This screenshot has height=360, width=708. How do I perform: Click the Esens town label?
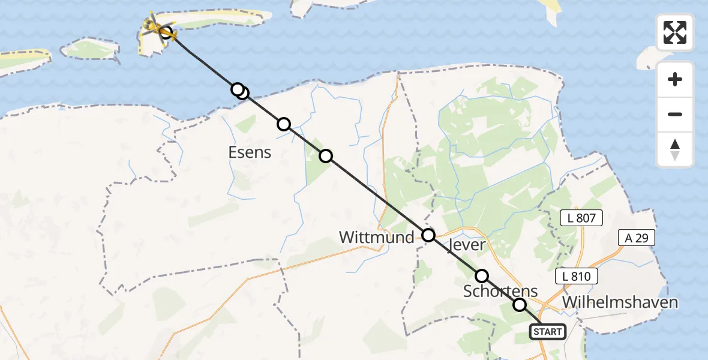click(x=250, y=152)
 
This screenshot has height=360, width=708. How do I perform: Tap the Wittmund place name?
click(x=376, y=238)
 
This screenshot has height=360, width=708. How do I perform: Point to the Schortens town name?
click(x=500, y=291)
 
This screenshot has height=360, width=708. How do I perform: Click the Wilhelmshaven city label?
click(x=620, y=302)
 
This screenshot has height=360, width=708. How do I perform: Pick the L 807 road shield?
click(x=581, y=218)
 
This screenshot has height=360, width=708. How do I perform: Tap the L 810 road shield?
click(x=577, y=277)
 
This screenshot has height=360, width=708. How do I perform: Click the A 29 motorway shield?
click(x=636, y=238)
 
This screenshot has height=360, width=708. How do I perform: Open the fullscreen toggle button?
click(x=675, y=32)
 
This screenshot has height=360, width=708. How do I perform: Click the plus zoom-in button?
click(x=675, y=79)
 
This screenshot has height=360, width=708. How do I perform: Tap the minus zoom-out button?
click(x=675, y=114)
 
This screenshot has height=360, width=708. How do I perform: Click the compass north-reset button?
click(x=675, y=149)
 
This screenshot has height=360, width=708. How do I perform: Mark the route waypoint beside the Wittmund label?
click(x=428, y=235)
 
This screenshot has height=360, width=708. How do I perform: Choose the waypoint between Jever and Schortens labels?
click(x=482, y=276)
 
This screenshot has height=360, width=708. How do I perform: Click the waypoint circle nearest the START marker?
click(x=520, y=305)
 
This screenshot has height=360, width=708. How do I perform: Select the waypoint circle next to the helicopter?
click(x=166, y=32)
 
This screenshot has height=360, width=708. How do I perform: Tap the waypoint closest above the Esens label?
click(x=284, y=124)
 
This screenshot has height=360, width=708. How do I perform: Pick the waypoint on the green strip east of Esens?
click(x=325, y=156)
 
